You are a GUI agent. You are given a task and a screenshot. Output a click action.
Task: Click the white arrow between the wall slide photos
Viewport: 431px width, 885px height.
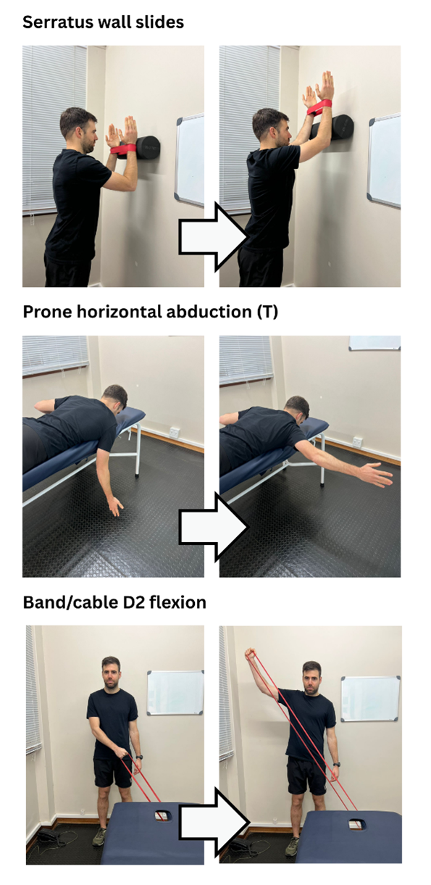214,237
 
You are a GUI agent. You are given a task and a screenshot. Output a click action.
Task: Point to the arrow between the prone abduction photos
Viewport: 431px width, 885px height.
214,527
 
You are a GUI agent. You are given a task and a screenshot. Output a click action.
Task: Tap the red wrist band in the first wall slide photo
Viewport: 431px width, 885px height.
122,149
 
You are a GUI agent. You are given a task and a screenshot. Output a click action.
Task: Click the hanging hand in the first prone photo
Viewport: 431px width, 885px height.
116,506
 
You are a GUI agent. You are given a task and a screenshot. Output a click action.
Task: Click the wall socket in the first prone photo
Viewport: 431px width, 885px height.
174,432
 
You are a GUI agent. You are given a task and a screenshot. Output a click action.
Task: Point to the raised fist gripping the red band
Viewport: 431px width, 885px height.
251,654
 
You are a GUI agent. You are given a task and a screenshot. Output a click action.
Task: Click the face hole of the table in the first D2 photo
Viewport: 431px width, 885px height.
161,815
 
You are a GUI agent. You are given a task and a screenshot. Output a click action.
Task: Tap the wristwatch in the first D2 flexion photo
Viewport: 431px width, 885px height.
139,757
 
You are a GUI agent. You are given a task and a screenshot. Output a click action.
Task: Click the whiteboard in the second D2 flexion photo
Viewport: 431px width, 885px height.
370,698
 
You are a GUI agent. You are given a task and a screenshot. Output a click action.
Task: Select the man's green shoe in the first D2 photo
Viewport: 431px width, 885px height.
99,836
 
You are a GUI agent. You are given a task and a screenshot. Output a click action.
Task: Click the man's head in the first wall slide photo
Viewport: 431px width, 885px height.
79,128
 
